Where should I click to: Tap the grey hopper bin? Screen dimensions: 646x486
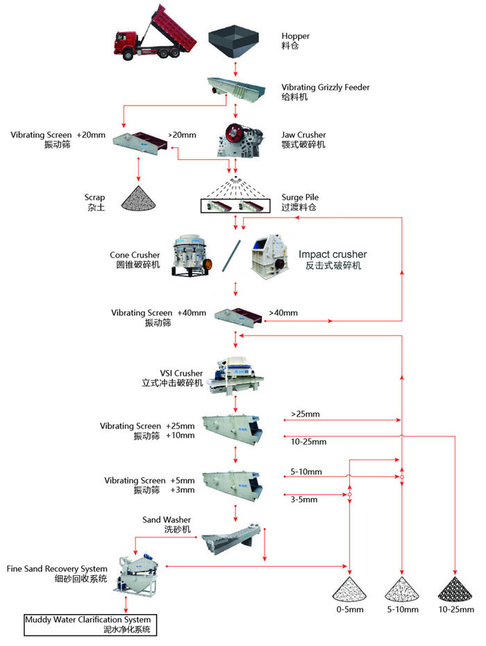(x=235, y=44)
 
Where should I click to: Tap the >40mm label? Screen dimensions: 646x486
(x=283, y=313)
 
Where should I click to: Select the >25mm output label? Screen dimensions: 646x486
(x=305, y=415)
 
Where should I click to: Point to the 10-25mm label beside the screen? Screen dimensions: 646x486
(x=308, y=441)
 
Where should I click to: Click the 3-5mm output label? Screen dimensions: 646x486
(x=303, y=499)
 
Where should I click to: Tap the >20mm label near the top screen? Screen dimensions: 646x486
(x=182, y=135)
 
